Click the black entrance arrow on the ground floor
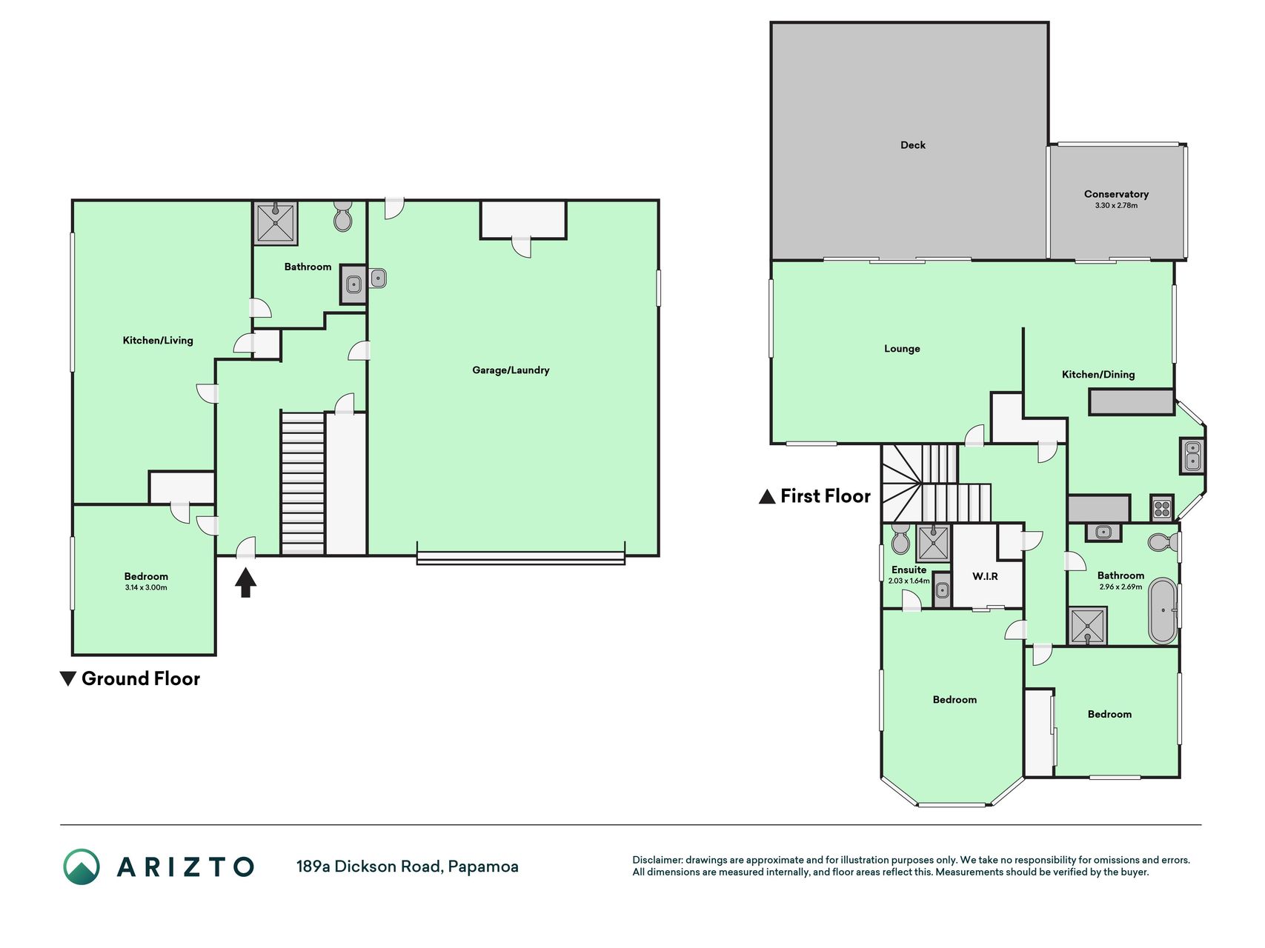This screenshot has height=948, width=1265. pos(245,582)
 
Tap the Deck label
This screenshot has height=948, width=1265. pos(913,145)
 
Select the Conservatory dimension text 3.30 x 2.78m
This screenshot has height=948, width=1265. pos(1116,205)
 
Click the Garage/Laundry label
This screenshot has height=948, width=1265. pos(511,370)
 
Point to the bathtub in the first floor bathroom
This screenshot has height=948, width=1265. pos(1162,611)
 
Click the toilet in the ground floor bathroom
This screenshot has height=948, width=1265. pos(342,216)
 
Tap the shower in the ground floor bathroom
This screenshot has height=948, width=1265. pos(276,223)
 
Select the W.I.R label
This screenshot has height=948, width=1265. pos(985,576)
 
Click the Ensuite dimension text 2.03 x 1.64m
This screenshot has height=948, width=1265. pos(909,581)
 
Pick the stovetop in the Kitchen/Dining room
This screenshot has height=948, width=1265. pos(1161,509)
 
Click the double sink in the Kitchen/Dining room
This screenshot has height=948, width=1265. pos(1192,455)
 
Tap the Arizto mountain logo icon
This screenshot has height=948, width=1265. pos(82,867)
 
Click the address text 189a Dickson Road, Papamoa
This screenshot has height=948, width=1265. pos(408,867)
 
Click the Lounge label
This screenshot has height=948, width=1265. pos(902,349)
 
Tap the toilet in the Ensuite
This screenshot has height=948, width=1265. pos(900,538)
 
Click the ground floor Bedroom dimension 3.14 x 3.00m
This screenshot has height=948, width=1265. pos(146,588)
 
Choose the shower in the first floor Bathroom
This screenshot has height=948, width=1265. pos(1087,626)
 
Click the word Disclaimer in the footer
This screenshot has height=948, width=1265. pos(657,860)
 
